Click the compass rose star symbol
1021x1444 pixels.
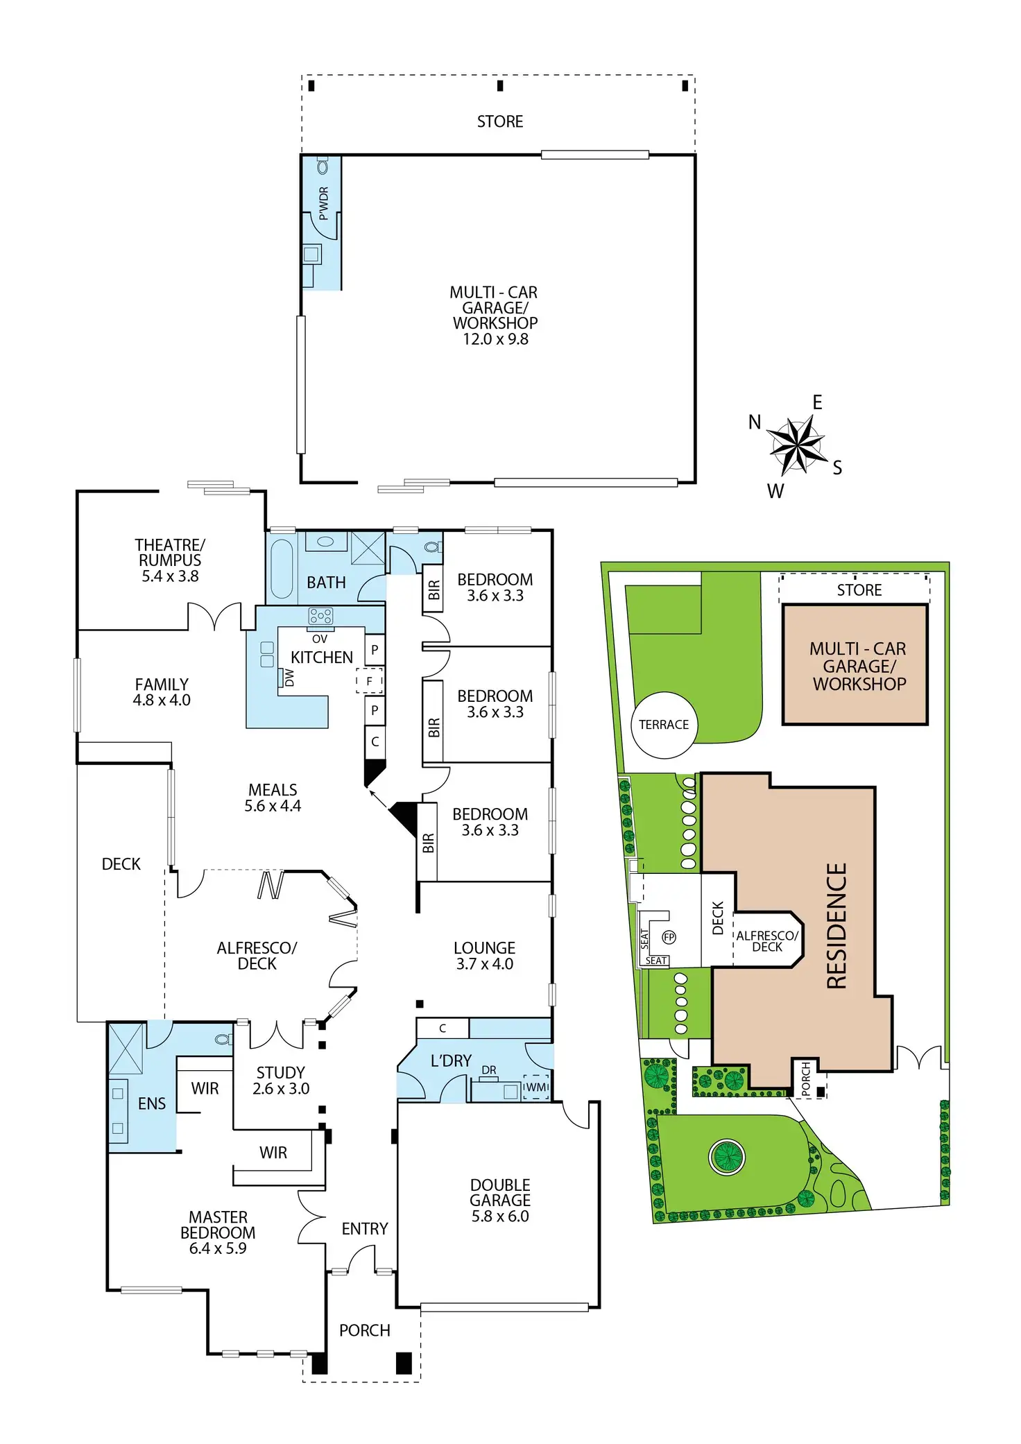tap(797, 445)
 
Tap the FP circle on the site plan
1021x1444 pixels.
tap(669, 937)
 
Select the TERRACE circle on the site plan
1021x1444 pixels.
tap(664, 725)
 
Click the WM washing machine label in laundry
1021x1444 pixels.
tap(536, 1087)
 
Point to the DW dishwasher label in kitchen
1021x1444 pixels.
tap(289, 677)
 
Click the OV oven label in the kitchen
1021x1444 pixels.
tap(320, 639)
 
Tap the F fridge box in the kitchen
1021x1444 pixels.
tap(370, 681)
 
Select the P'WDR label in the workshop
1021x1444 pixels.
tap(323, 203)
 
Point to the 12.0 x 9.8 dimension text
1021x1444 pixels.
tap(495, 339)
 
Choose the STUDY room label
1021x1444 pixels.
tap(280, 1072)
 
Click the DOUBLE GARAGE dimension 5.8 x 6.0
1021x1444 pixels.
tap(500, 1216)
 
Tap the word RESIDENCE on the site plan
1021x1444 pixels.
tap(837, 926)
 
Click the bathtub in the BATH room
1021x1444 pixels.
tap(282, 568)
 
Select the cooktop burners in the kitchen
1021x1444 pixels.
tap(320, 615)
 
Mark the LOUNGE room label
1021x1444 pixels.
tap(484, 947)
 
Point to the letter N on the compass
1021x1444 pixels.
tap(755, 422)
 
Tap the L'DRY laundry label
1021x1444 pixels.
tap(451, 1060)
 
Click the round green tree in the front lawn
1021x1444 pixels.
tap(727, 1156)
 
